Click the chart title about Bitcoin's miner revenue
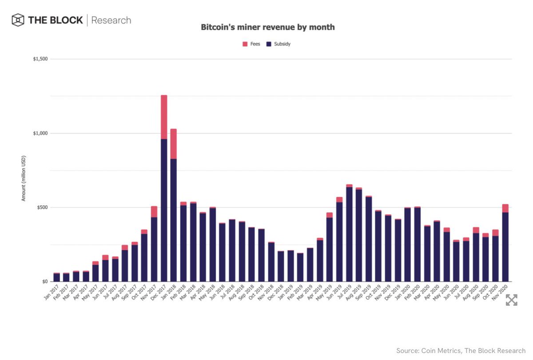point(268,28)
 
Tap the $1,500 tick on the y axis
point(41,59)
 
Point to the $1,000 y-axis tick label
point(41,133)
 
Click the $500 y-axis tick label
point(43,208)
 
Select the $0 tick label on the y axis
point(45,282)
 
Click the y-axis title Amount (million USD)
point(23,178)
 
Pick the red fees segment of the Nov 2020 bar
point(505,208)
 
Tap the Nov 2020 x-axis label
point(502,293)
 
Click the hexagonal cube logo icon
point(18,20)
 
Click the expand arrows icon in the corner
point(511,300)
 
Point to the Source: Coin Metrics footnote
point(461,351)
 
